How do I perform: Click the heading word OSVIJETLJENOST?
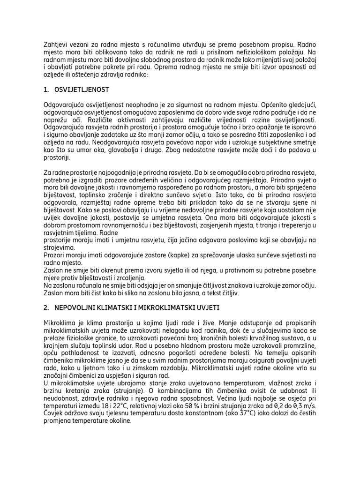[82, 90]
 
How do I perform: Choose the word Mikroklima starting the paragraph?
[60, 323]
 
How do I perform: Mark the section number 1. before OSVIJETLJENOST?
[46, 90]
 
